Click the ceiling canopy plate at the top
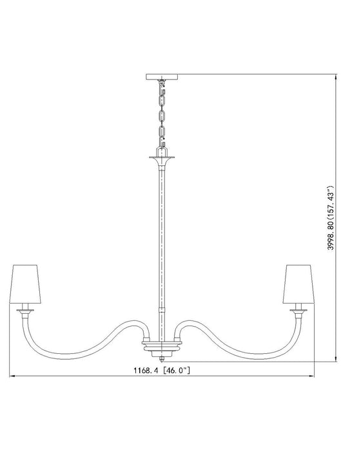(162, 77)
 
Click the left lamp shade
(25, 283)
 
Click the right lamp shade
(298, 283)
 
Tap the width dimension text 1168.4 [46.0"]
(162, 371)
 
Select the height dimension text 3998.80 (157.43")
(331, 218)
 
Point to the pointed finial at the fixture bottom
(162, 360)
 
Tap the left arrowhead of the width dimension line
(12, 376)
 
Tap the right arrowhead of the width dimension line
(311, 376)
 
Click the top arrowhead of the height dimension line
(336, 77)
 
